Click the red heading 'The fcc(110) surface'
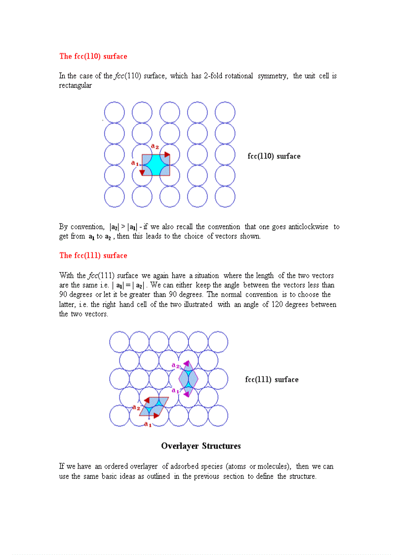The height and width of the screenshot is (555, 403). [93, 56]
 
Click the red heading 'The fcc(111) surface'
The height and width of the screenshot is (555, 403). [93, 256]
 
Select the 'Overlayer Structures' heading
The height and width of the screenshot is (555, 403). [201, 446]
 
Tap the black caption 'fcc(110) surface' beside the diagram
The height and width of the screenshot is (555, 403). [274, 156]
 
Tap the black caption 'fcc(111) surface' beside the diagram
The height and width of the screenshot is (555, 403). [272, 380]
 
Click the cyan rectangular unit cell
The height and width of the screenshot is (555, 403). [156, 165]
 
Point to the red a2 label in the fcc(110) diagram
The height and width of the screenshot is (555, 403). [155, 146]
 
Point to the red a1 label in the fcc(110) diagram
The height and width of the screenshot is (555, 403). [134, 162]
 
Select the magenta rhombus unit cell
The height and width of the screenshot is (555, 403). [188, 380]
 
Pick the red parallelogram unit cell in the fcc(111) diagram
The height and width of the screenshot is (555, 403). [155, 407]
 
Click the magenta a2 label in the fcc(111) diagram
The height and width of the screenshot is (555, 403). [175, 366]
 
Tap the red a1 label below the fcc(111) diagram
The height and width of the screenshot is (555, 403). [148, 424]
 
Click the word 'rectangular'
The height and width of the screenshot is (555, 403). [75, 85]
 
